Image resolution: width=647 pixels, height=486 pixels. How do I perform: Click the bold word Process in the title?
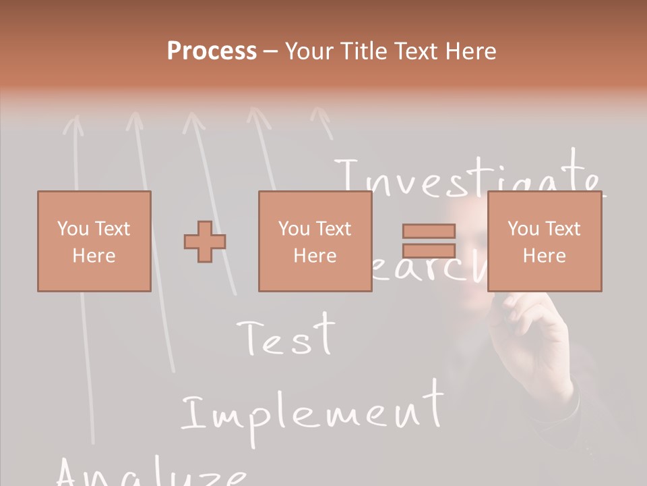[x=212, y=51]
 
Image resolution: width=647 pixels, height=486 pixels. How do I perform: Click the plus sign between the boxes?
[x=205, y=242]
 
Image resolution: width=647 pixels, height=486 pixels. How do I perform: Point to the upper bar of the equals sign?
[x=429, y=232]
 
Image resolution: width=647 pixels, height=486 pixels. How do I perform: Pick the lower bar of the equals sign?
[x=429, y=250]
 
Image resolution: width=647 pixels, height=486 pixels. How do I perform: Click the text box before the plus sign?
[x=94, y=242]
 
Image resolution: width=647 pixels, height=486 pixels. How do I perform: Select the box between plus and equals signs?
[x=315, y=242]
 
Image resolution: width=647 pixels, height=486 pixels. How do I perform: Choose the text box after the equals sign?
[x=544, y=242]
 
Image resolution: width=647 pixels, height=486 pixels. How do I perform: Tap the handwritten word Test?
[x=287, y=335]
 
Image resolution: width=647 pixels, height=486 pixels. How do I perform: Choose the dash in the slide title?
[x=271, y=51]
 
